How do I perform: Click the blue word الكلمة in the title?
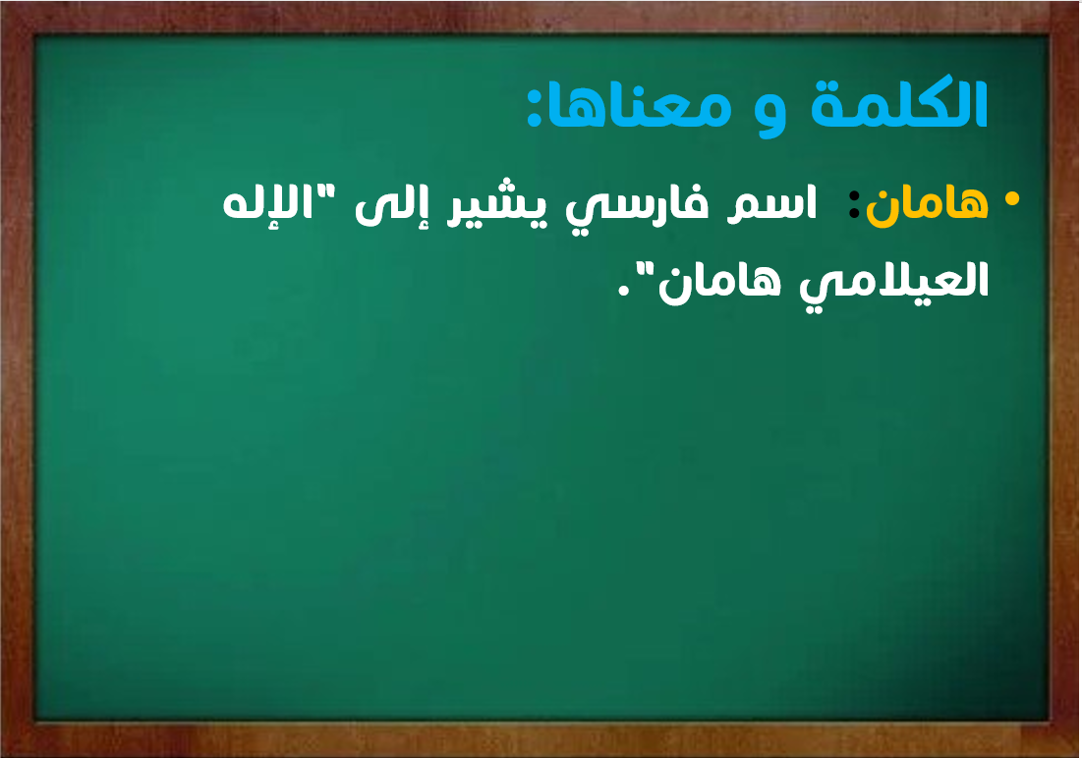click(x=899, y=104)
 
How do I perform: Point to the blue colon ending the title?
click(x=534, y=107)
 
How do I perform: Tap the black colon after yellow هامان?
click(x=854, y=205)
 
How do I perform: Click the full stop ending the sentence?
click(x=624, y=292)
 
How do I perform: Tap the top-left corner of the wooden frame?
click(x=1, y=1)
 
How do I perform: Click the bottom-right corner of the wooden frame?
click(x=1080, y=756)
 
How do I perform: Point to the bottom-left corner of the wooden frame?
click(x=1, y=756)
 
